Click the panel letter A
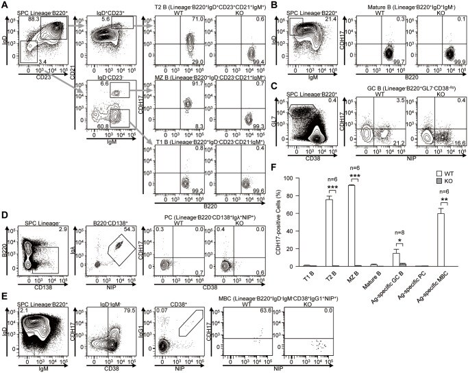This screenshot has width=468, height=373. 5,5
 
